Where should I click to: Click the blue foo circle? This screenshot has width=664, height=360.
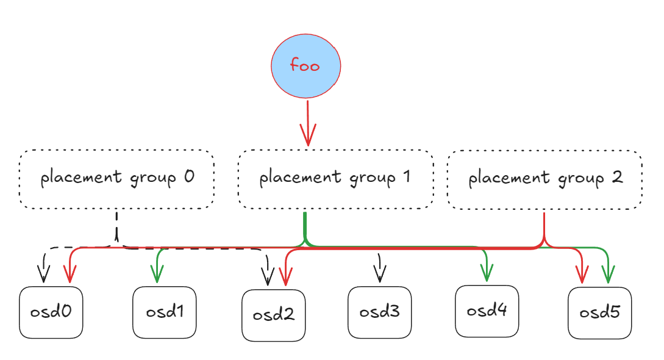tap(305, 66)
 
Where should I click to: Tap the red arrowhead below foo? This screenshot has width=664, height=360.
tap(308, 137)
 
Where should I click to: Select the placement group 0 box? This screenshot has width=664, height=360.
tap(116, 179)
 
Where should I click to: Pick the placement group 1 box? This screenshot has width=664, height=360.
tap(335, 179)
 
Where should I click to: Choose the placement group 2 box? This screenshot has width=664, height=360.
tap(544, 179)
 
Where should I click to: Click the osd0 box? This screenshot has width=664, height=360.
tap(51, 312)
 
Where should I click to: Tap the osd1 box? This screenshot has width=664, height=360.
tap(165, 312)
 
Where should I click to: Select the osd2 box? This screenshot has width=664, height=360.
tap(273, 315)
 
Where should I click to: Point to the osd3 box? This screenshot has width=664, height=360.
tap(379, 312)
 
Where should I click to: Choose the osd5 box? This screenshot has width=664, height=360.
tap(599, 313)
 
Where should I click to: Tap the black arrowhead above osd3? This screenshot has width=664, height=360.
tap(379, 275)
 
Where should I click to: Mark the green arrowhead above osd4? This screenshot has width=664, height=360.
tap(487, 274)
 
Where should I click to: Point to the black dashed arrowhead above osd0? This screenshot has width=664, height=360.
tap(44, 276)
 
